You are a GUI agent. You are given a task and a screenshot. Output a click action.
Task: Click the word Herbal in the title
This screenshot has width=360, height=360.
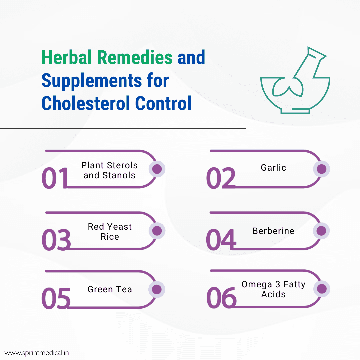click(x=67, y=58)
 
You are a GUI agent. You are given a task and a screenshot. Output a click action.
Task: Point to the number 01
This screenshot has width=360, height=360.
click(x=55, y=178)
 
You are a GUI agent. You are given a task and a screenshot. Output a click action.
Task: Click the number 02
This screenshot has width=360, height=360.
click(x=220, y=178)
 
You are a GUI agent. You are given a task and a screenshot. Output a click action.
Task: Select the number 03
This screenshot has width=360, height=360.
click(x=56, y=239)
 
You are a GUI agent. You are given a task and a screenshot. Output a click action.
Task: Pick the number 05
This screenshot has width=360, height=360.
click(x=56, y=298)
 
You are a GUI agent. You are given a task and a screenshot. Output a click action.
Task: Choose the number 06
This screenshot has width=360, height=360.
click(x=221, y=298)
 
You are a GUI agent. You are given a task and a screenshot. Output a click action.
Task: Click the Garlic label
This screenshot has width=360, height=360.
click(x=273, y=167)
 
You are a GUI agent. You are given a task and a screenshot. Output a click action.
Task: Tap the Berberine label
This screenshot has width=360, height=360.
click(x=273, y=231)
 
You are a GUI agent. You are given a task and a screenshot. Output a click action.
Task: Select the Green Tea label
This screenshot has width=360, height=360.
click(x=110, y=289)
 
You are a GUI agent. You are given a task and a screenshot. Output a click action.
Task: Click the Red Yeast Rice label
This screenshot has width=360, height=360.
click(x=110, y=232)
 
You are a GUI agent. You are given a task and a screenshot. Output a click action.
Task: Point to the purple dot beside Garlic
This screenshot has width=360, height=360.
click(x=322, y=169)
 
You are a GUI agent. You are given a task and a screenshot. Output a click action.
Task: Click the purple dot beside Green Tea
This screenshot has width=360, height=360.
click(x=157, y=289)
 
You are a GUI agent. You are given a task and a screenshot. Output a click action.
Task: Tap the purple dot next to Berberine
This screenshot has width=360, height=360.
click(x=322, y=231)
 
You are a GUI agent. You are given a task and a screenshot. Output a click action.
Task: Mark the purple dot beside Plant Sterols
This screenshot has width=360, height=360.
click(x=157, y=169)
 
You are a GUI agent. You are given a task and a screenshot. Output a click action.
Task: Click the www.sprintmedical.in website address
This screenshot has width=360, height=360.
click(x=37, y=352)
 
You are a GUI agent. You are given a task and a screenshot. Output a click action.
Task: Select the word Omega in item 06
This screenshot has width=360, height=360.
click(x=257, y=284)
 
